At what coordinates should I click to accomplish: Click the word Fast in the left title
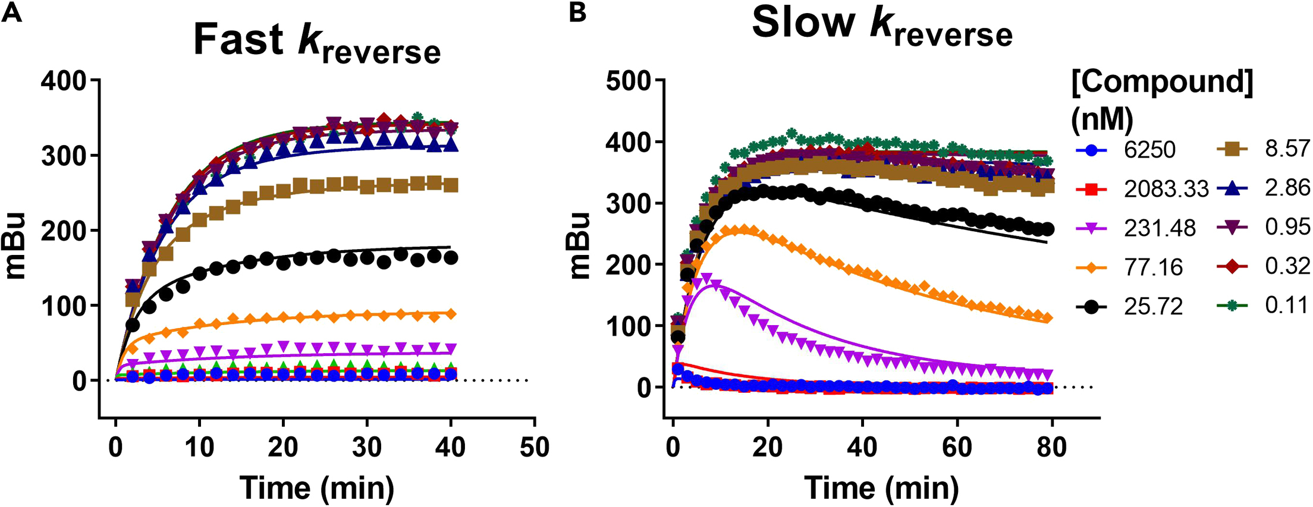click(x=238, y=40)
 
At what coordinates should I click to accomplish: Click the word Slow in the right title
click(x=803, y=24)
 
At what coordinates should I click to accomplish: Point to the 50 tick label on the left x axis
click(x=534, y=447)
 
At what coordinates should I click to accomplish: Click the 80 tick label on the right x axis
click(x=1051, y=447)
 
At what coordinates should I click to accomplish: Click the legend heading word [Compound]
click(x=1162, y=81)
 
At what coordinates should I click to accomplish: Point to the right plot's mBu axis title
click(x=579, y=245)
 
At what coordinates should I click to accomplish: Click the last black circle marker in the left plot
click(x=451, y=258)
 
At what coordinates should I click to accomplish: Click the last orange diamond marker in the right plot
click(x=1048, y=318)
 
